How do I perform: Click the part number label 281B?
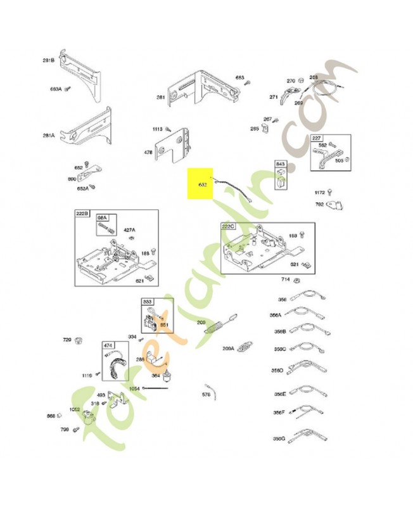48,60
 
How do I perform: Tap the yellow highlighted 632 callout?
203,185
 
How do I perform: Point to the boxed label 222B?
83,214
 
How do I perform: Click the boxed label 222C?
228,226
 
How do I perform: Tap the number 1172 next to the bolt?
320,193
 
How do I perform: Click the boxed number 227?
317,138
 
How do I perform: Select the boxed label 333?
147,302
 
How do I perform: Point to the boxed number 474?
108,345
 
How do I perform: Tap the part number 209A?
229,348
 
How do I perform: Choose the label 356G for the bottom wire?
279,438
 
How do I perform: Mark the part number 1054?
134,388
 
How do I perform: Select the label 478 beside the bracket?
148,152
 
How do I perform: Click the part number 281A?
48,135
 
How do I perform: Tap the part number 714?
286,279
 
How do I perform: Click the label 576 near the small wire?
206,395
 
